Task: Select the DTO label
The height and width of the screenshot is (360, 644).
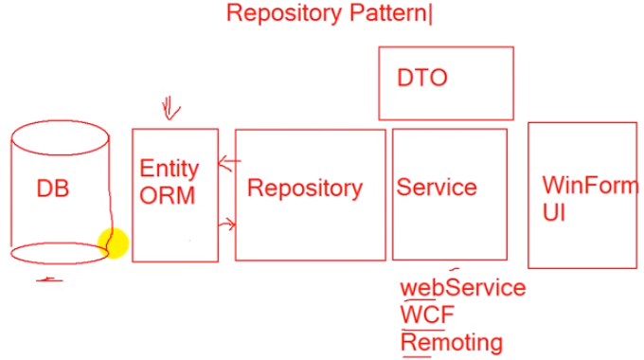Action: pos(421,79)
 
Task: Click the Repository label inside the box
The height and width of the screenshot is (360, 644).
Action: pos(304,188)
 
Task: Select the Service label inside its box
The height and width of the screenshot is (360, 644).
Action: pos(436,187)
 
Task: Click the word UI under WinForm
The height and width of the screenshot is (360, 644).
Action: pos(554,211)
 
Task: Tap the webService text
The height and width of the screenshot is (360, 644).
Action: pos(463,287)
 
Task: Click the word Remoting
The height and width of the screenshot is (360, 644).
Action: pos(452,341)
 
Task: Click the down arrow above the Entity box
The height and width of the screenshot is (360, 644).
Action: pos(170,109)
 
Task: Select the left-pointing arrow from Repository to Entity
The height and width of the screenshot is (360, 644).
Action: pos(227,165)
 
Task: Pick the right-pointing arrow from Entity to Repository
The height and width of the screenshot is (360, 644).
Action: pos(227,225)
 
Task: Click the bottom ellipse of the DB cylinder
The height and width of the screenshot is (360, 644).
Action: pos(59,254)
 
